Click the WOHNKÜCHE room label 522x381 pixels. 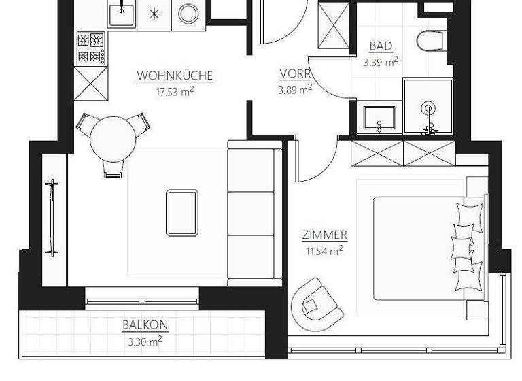point(175,76)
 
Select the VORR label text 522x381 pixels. point(295,73)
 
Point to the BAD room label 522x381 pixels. point(381,46)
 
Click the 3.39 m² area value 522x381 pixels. point(381,61)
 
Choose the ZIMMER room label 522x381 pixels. point(324,235)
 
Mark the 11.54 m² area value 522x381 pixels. point(324,250)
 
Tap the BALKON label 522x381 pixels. point(145,325)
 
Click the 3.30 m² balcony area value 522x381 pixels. point(145,341)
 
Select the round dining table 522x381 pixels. point(113,137)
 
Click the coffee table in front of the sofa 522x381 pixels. point(181,212)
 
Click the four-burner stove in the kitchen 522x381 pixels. point(92,48)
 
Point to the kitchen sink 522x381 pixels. point(122,15)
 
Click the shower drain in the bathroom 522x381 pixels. point(428,107)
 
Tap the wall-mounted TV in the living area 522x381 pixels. point(52,218)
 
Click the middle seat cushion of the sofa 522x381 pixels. point(250,213)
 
